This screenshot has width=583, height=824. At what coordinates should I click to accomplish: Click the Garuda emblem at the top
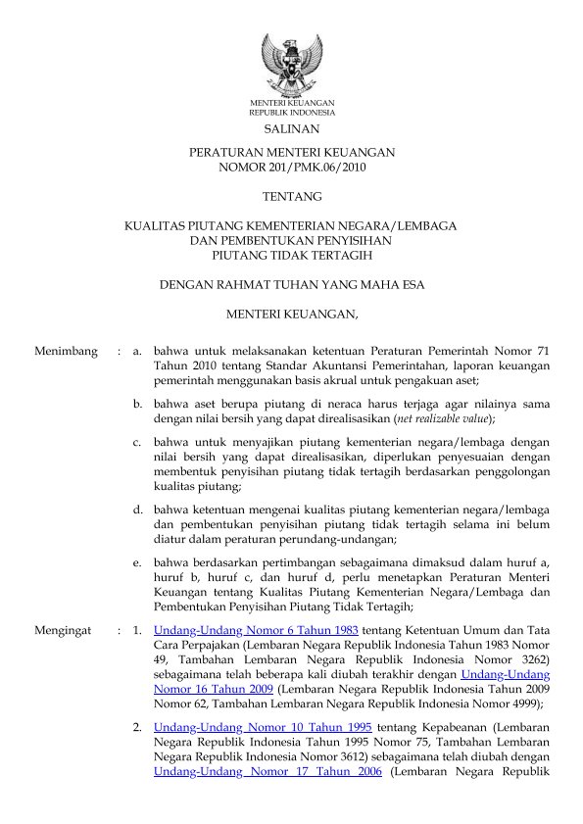tap(291, 64)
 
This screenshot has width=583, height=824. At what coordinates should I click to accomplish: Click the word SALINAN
tap(291, 128)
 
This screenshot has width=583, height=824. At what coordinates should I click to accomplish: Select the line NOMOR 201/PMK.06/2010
tap(291, 168)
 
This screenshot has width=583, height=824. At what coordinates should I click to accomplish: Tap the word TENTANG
tap(291, 197)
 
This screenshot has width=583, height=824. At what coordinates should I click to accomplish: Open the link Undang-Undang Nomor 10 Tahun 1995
tap(263, 729)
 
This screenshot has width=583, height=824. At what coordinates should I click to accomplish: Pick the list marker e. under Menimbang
tap(138, 562)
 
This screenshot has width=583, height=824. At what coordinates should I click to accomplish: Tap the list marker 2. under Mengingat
tap(139, 729)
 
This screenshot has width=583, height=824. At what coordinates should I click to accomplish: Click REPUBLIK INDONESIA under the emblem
tap(291, 113)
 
